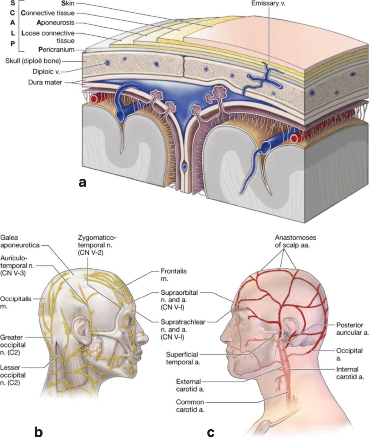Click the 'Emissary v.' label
coord(268,4)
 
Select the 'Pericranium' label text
coord(56,50)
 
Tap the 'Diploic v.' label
coord(46,72)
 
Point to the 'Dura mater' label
coord(45,83)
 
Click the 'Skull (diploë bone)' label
coord(33,61)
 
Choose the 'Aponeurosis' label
coord(55,22)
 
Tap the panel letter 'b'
coord(39,432)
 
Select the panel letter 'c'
coord(211,432)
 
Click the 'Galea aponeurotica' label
coord(20,241)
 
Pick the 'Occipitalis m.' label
coord(15,302)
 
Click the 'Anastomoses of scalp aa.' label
coord(295,241)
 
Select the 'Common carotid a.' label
coord(190,406)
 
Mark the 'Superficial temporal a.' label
coord(183,358)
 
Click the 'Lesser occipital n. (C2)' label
coord(12,375)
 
